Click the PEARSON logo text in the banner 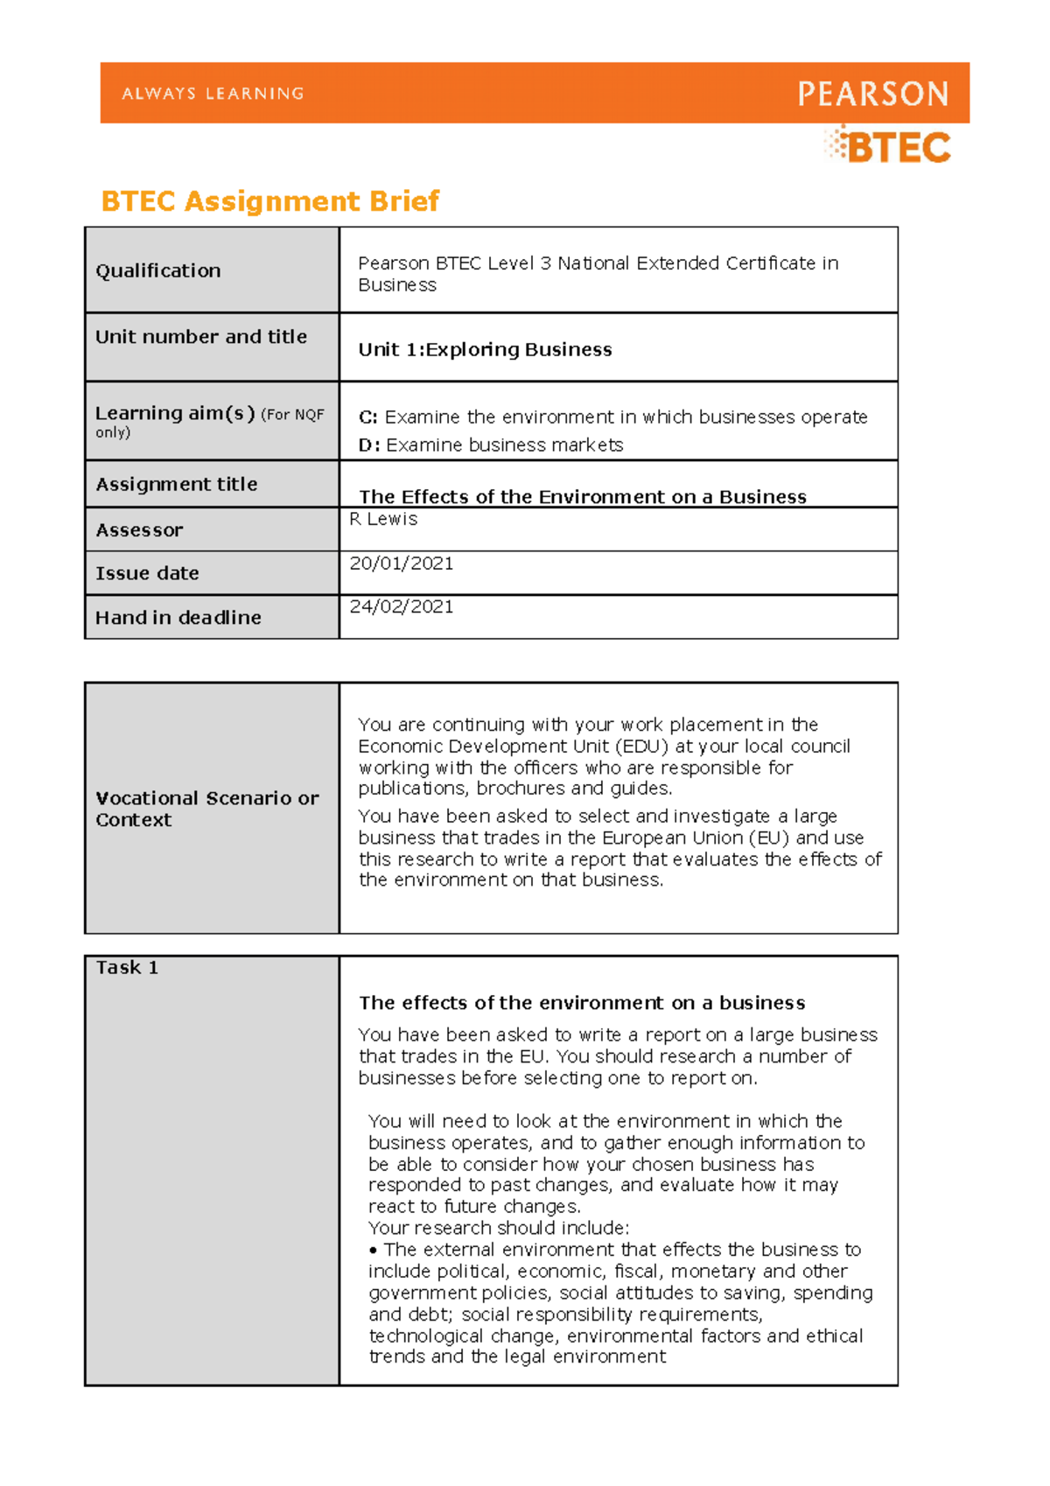click(872, 94)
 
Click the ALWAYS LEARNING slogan click(213, 94)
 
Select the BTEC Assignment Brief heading click(269, 201)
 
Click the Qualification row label click(158, 270)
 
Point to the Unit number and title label click(201, 337)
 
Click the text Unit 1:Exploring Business click(485, 349)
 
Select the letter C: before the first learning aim click(367, 417)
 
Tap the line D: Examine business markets click(490, 445)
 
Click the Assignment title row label click(177, 484)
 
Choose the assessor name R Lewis click(383, 519)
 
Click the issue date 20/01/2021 click(401, 564)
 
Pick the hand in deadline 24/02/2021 click(401, 606)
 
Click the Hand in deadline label click(178, 618)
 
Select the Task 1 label click(127, 968)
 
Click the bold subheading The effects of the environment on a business click(582, 1003)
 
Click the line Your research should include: click(499, 1228)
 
